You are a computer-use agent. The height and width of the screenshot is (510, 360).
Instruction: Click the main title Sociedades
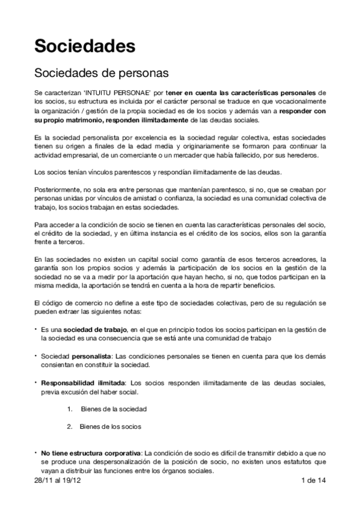84,46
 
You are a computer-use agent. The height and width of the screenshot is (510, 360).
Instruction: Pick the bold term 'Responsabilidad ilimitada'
82,382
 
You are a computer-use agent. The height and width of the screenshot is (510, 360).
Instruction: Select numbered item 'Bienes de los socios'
111,426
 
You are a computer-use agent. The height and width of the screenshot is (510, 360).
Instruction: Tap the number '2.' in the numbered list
70,426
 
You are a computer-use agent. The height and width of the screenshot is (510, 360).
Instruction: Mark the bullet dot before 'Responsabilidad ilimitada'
36,382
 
